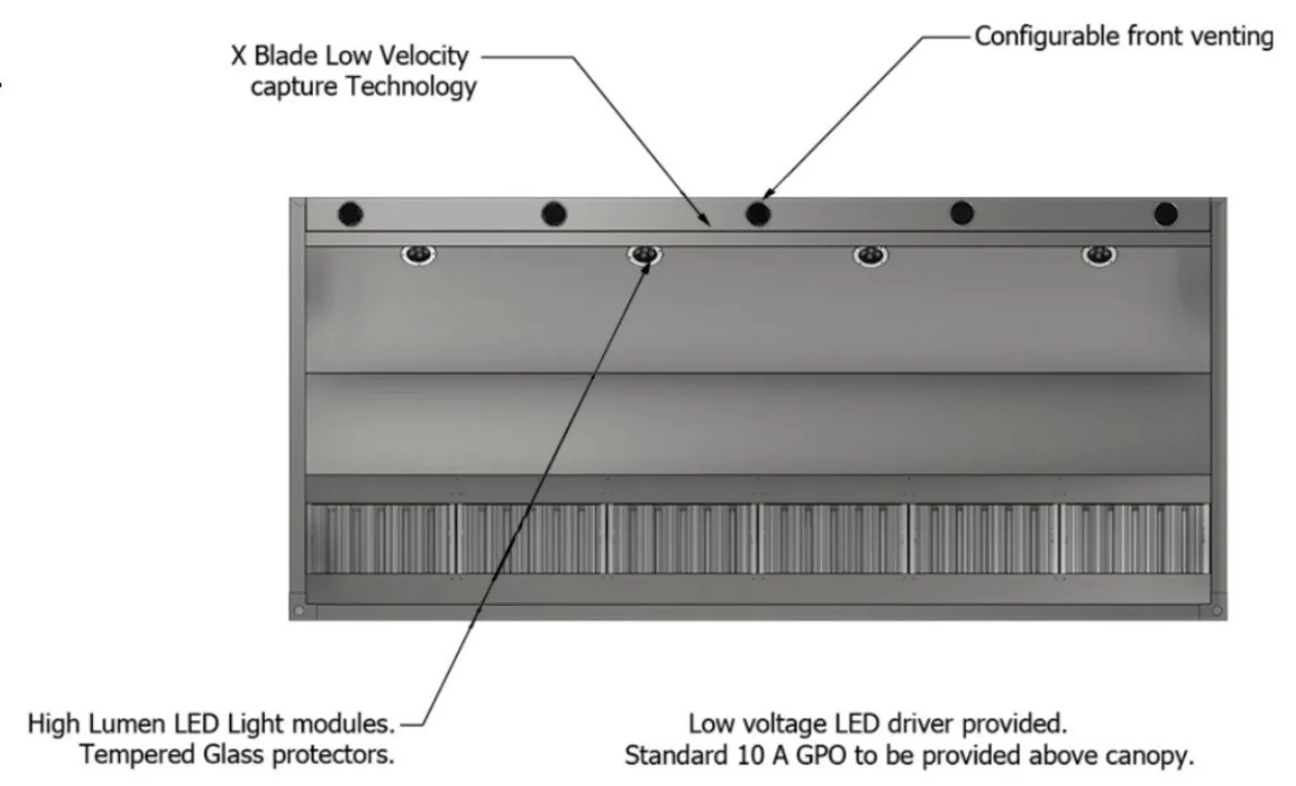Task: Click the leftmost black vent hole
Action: pos(350,215)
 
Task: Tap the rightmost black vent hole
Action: pos(1166,214)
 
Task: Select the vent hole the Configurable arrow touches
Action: pos(758,214)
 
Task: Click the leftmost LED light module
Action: pos(418,255)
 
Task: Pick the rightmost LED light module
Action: pos(1099,255)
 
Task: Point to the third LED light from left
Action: pos(871,256)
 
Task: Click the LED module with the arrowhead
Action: pos(645,256)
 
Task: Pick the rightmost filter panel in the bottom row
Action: pos(1134,538)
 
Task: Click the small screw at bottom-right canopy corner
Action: pos(1217,610)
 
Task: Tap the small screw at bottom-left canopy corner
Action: pos(299,610)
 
